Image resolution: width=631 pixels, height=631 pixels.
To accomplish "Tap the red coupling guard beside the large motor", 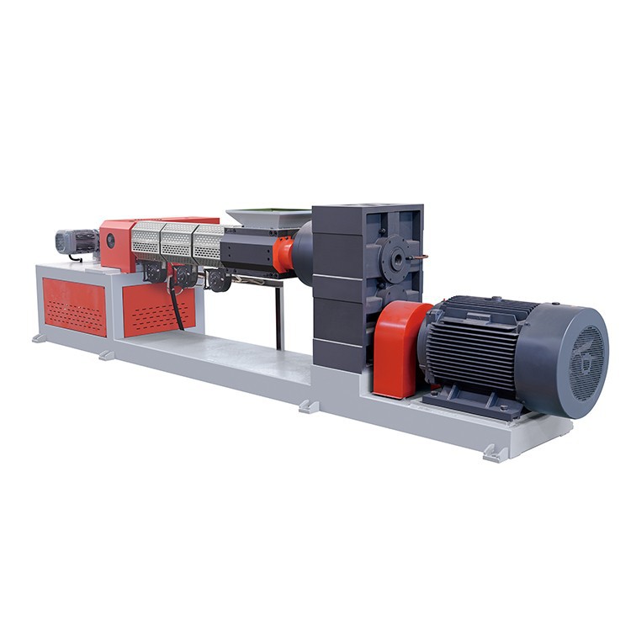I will [x=397, y=348].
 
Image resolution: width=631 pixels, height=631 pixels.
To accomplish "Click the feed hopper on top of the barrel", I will [x=268, y=217].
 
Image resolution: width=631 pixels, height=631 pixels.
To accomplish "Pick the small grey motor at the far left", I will [x=76, y=242].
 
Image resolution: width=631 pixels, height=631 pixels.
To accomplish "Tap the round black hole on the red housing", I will [x=110, y=241].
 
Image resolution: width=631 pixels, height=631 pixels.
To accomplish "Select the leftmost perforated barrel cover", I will [x=146, y=240].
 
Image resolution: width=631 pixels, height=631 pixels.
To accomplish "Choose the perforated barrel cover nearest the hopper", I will [x=208, y=244].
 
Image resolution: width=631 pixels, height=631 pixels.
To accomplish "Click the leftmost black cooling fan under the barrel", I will [x=156, y=273].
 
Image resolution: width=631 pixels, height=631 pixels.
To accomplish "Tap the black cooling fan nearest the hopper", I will [x=219, y=281].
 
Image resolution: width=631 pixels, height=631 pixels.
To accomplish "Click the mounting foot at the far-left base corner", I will [x=40, y=338].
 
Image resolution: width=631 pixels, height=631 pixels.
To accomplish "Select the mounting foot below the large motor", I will [x=495, y=453].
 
